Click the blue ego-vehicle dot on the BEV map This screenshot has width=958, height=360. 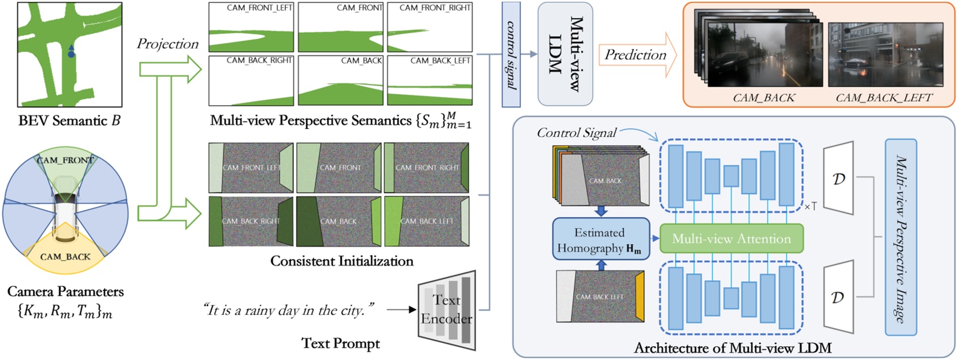pos(71,55)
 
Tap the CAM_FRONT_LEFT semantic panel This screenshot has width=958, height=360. pos(251,28)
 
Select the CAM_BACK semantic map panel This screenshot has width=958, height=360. pos(341,80)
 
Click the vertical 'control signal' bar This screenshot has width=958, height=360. pos(511,55)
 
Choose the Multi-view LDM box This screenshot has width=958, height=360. pos(565,54)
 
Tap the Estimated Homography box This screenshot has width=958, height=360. pos(600,239)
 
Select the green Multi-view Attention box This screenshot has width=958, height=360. pos(731,239)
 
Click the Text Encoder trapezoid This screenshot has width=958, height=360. pos(447,310)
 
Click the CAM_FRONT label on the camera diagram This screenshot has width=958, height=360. pos(64,160)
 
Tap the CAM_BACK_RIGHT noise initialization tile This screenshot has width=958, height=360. pos(251,222)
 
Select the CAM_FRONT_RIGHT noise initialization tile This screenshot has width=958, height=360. pos(427,168)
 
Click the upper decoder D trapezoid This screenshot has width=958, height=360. pos(838,179)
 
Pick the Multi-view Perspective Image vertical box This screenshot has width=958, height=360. pos(900,237)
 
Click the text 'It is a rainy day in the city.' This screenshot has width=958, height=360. pos(289,311)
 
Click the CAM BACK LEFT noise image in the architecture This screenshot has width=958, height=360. pos(600,296)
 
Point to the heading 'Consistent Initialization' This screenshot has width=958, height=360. pos(342,261)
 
